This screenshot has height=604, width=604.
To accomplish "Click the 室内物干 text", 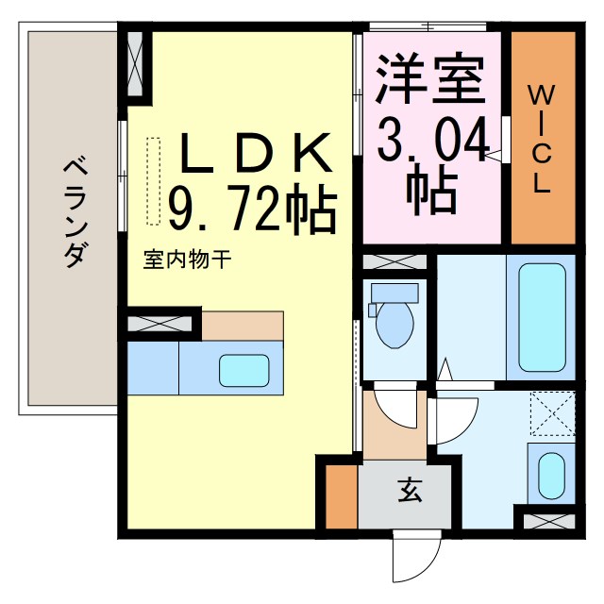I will coord(186,257).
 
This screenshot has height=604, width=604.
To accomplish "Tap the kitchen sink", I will coord(243,369).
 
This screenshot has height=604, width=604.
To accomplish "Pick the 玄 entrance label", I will coord(409,491).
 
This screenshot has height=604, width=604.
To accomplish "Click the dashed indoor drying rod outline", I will coord(154,180).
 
